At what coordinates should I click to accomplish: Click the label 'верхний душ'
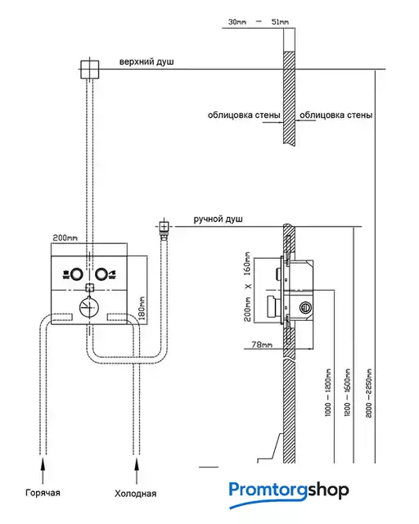[146, 62]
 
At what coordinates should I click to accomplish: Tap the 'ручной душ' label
[219, 219]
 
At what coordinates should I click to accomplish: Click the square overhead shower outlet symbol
[90, 69]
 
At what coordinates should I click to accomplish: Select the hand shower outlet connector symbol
[164, 227]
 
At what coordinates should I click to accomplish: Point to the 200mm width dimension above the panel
[65, 238]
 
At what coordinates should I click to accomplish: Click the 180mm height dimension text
[142, 308]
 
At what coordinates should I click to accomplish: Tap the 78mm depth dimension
[262, 344]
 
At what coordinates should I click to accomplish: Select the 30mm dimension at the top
[237, 22]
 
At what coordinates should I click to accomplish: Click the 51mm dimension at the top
[280, 22]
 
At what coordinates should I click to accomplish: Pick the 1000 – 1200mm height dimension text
[328, 392]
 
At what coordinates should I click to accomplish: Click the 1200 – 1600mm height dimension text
[348, 392]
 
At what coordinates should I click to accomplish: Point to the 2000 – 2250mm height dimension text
[368, 393]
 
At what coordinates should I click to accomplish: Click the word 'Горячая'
[43, 493]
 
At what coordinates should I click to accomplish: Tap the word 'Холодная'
[135, 494]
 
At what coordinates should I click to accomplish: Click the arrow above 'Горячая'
[43, 471]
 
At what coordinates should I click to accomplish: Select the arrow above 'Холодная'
[137, 471]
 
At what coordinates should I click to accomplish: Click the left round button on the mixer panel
[76, 274]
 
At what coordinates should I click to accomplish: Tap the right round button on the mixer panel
[101, 274]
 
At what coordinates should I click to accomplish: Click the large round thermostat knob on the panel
[88, 306]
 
